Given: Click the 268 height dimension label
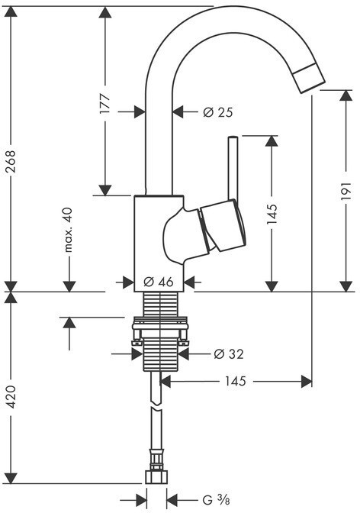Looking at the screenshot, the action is (x=11, y=161).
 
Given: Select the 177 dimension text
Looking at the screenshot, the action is (x=105, y=104).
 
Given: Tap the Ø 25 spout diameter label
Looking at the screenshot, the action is (x=218, y=112).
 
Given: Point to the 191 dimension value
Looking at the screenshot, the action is (x=346, y=192).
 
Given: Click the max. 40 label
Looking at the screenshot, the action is (x=69, y=230).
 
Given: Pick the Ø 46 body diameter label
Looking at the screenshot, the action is (x=159, y=282).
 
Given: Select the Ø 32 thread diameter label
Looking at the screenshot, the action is (x=229, y=354).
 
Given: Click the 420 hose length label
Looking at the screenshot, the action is (x=11, y=396).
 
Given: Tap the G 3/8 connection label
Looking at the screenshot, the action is (x=216, y=500).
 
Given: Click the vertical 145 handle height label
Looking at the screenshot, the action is (x=272, y=214).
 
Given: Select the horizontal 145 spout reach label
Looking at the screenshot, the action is (x=235, y=381).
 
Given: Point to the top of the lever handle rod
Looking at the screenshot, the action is (x=233, y=137).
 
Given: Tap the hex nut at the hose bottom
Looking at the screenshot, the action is (x=156, y=477).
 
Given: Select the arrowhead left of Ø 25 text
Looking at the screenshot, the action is (x=178, y=112).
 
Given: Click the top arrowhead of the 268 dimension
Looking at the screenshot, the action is (x=11, y=12).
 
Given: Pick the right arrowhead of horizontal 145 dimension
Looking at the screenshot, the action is (x=306, y=382).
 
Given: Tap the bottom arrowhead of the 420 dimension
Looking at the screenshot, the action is (x=11, y=478).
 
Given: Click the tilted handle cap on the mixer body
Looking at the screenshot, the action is (x=223, y=225).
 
